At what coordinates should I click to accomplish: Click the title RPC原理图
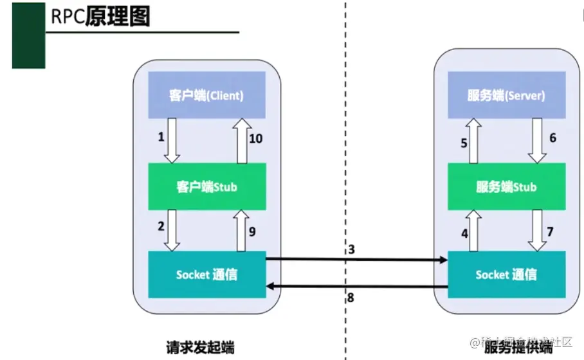(x=100, y=17)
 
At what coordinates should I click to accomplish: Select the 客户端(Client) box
(x=206, y=95)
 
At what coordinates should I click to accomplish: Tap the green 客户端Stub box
(x=206, y=186)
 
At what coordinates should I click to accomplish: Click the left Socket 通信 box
(x=206, y=274)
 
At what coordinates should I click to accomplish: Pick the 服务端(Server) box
(x=506, y=95)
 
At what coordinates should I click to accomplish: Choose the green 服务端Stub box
(x=506, y=186)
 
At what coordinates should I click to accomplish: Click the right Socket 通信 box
(x=506, y=274)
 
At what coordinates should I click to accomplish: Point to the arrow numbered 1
(x=172, y=140)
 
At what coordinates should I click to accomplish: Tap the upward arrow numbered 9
(x=242, y=230)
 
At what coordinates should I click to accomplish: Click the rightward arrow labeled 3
(x=357, y=260)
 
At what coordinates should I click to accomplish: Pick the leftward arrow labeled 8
(x=357, y=287)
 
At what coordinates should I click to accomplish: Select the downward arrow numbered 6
(x=536, y=140)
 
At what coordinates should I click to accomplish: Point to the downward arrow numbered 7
(x=536, y=230)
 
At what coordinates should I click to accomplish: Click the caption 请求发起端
(x=200, y=348)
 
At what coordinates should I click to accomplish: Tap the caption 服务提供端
(x=518, y=348)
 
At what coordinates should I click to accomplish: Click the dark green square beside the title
(x=28, y=35)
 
